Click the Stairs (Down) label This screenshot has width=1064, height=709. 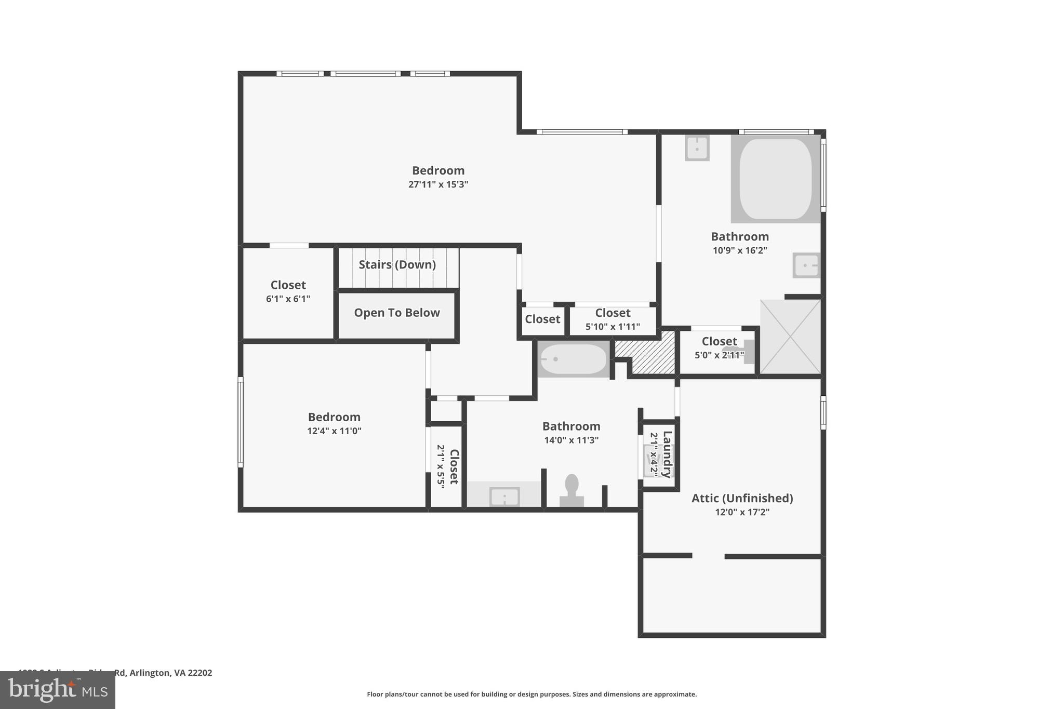click(x=397, y=264)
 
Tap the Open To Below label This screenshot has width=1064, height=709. click(x=397, y=313)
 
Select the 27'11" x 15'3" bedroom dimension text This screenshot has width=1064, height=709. click(x=438, y=184)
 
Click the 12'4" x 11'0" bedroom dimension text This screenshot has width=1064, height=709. click(x=334, y=431)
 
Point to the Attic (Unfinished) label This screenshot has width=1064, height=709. click(x=742, y=498)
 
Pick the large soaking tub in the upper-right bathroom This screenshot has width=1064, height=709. click(x=775, y=179)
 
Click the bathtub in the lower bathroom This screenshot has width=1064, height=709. click(x=573, y=359)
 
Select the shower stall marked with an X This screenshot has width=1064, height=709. click(x=790, y=337)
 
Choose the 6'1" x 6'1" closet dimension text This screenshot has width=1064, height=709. click(x=288, y=299)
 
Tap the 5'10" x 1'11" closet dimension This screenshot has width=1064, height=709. click(x=613, y=327)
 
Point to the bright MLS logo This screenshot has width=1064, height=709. click(x=57, y=690)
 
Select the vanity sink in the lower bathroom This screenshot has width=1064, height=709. click(x=504, y=497)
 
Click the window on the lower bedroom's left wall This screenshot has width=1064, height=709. click(x=241, y=422)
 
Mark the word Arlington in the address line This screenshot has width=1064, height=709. click(x=150, y=673)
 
